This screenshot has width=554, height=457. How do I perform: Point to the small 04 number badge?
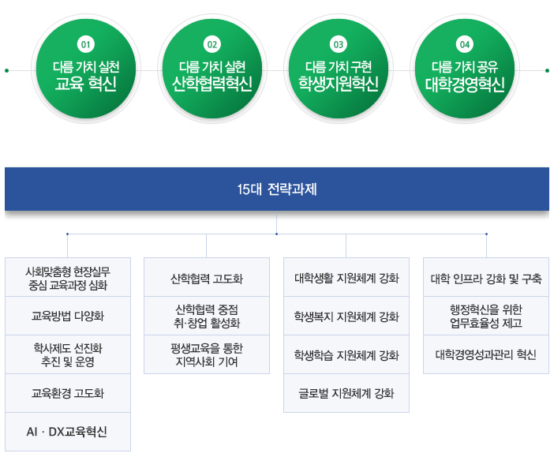point(464,43)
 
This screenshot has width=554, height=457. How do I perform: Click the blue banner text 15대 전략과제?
point(277,189)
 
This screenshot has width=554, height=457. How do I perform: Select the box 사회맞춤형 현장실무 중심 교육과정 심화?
point(68,277)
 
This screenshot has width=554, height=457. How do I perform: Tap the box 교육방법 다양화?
point(68,316)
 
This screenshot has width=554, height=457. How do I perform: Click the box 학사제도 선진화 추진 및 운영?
point(68,354)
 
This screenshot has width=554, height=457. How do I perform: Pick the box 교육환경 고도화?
point(68,393)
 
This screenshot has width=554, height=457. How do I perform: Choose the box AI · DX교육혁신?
point(68,432)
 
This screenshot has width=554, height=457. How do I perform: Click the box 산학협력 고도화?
point(207,278)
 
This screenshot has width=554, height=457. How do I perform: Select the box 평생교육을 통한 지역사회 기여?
point(207,354)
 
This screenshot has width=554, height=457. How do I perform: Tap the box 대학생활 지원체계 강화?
point(346,278)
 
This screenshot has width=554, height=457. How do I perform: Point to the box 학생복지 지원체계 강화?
point(346,317)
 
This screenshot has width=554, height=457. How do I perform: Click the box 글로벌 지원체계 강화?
point(346,393)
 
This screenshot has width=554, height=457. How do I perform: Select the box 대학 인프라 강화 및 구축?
point(486,278)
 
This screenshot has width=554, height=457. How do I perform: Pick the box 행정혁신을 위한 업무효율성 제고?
point(486,316)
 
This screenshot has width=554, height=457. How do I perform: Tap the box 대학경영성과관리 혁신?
point(486,354)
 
